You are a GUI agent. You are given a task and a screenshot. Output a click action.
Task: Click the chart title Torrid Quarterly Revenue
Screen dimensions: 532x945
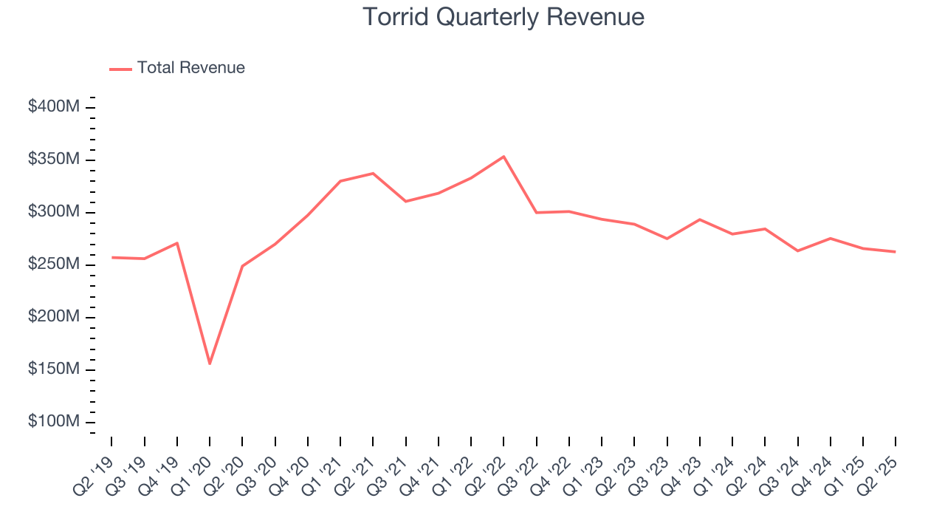(x=504, y=17)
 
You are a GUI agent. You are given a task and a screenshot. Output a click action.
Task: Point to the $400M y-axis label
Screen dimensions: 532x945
(x=54, y=107)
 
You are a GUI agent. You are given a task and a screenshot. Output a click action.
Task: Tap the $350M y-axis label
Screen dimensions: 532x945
(x=54, y=160)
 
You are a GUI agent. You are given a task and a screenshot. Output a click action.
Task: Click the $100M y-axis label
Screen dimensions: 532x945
(x=54, y=422)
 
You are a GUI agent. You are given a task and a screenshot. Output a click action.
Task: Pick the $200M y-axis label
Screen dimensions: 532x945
(x=54, y=317)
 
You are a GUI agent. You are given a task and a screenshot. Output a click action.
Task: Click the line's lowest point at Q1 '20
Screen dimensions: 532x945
(x=210, y=364)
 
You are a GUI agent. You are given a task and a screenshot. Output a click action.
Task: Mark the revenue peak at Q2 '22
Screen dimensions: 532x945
(x=504, y=157)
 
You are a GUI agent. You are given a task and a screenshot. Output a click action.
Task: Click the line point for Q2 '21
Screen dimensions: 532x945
(x=373, y=174)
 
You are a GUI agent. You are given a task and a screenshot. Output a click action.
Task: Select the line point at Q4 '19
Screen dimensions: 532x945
(x=177, y=243)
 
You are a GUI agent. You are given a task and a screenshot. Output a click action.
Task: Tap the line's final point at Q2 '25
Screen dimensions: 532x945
(x=896, y=252)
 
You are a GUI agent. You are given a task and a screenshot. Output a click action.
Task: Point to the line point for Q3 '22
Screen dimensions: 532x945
(x=537, y=213)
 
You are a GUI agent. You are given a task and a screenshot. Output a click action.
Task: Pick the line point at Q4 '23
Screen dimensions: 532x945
(x=699, y=219)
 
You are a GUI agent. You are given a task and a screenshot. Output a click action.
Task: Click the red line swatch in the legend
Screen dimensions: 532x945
(x=120, y=69)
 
